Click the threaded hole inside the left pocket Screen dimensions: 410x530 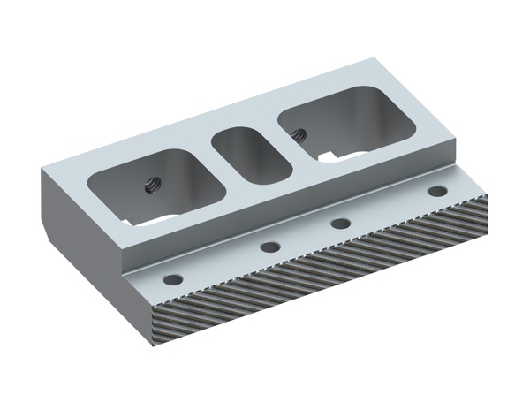click(x=149, y=186)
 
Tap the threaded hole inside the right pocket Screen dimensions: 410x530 click(x=298, y=135)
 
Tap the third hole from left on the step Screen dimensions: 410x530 click(x=340, y=222)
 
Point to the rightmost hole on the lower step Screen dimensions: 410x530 click(x=436, y=191)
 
